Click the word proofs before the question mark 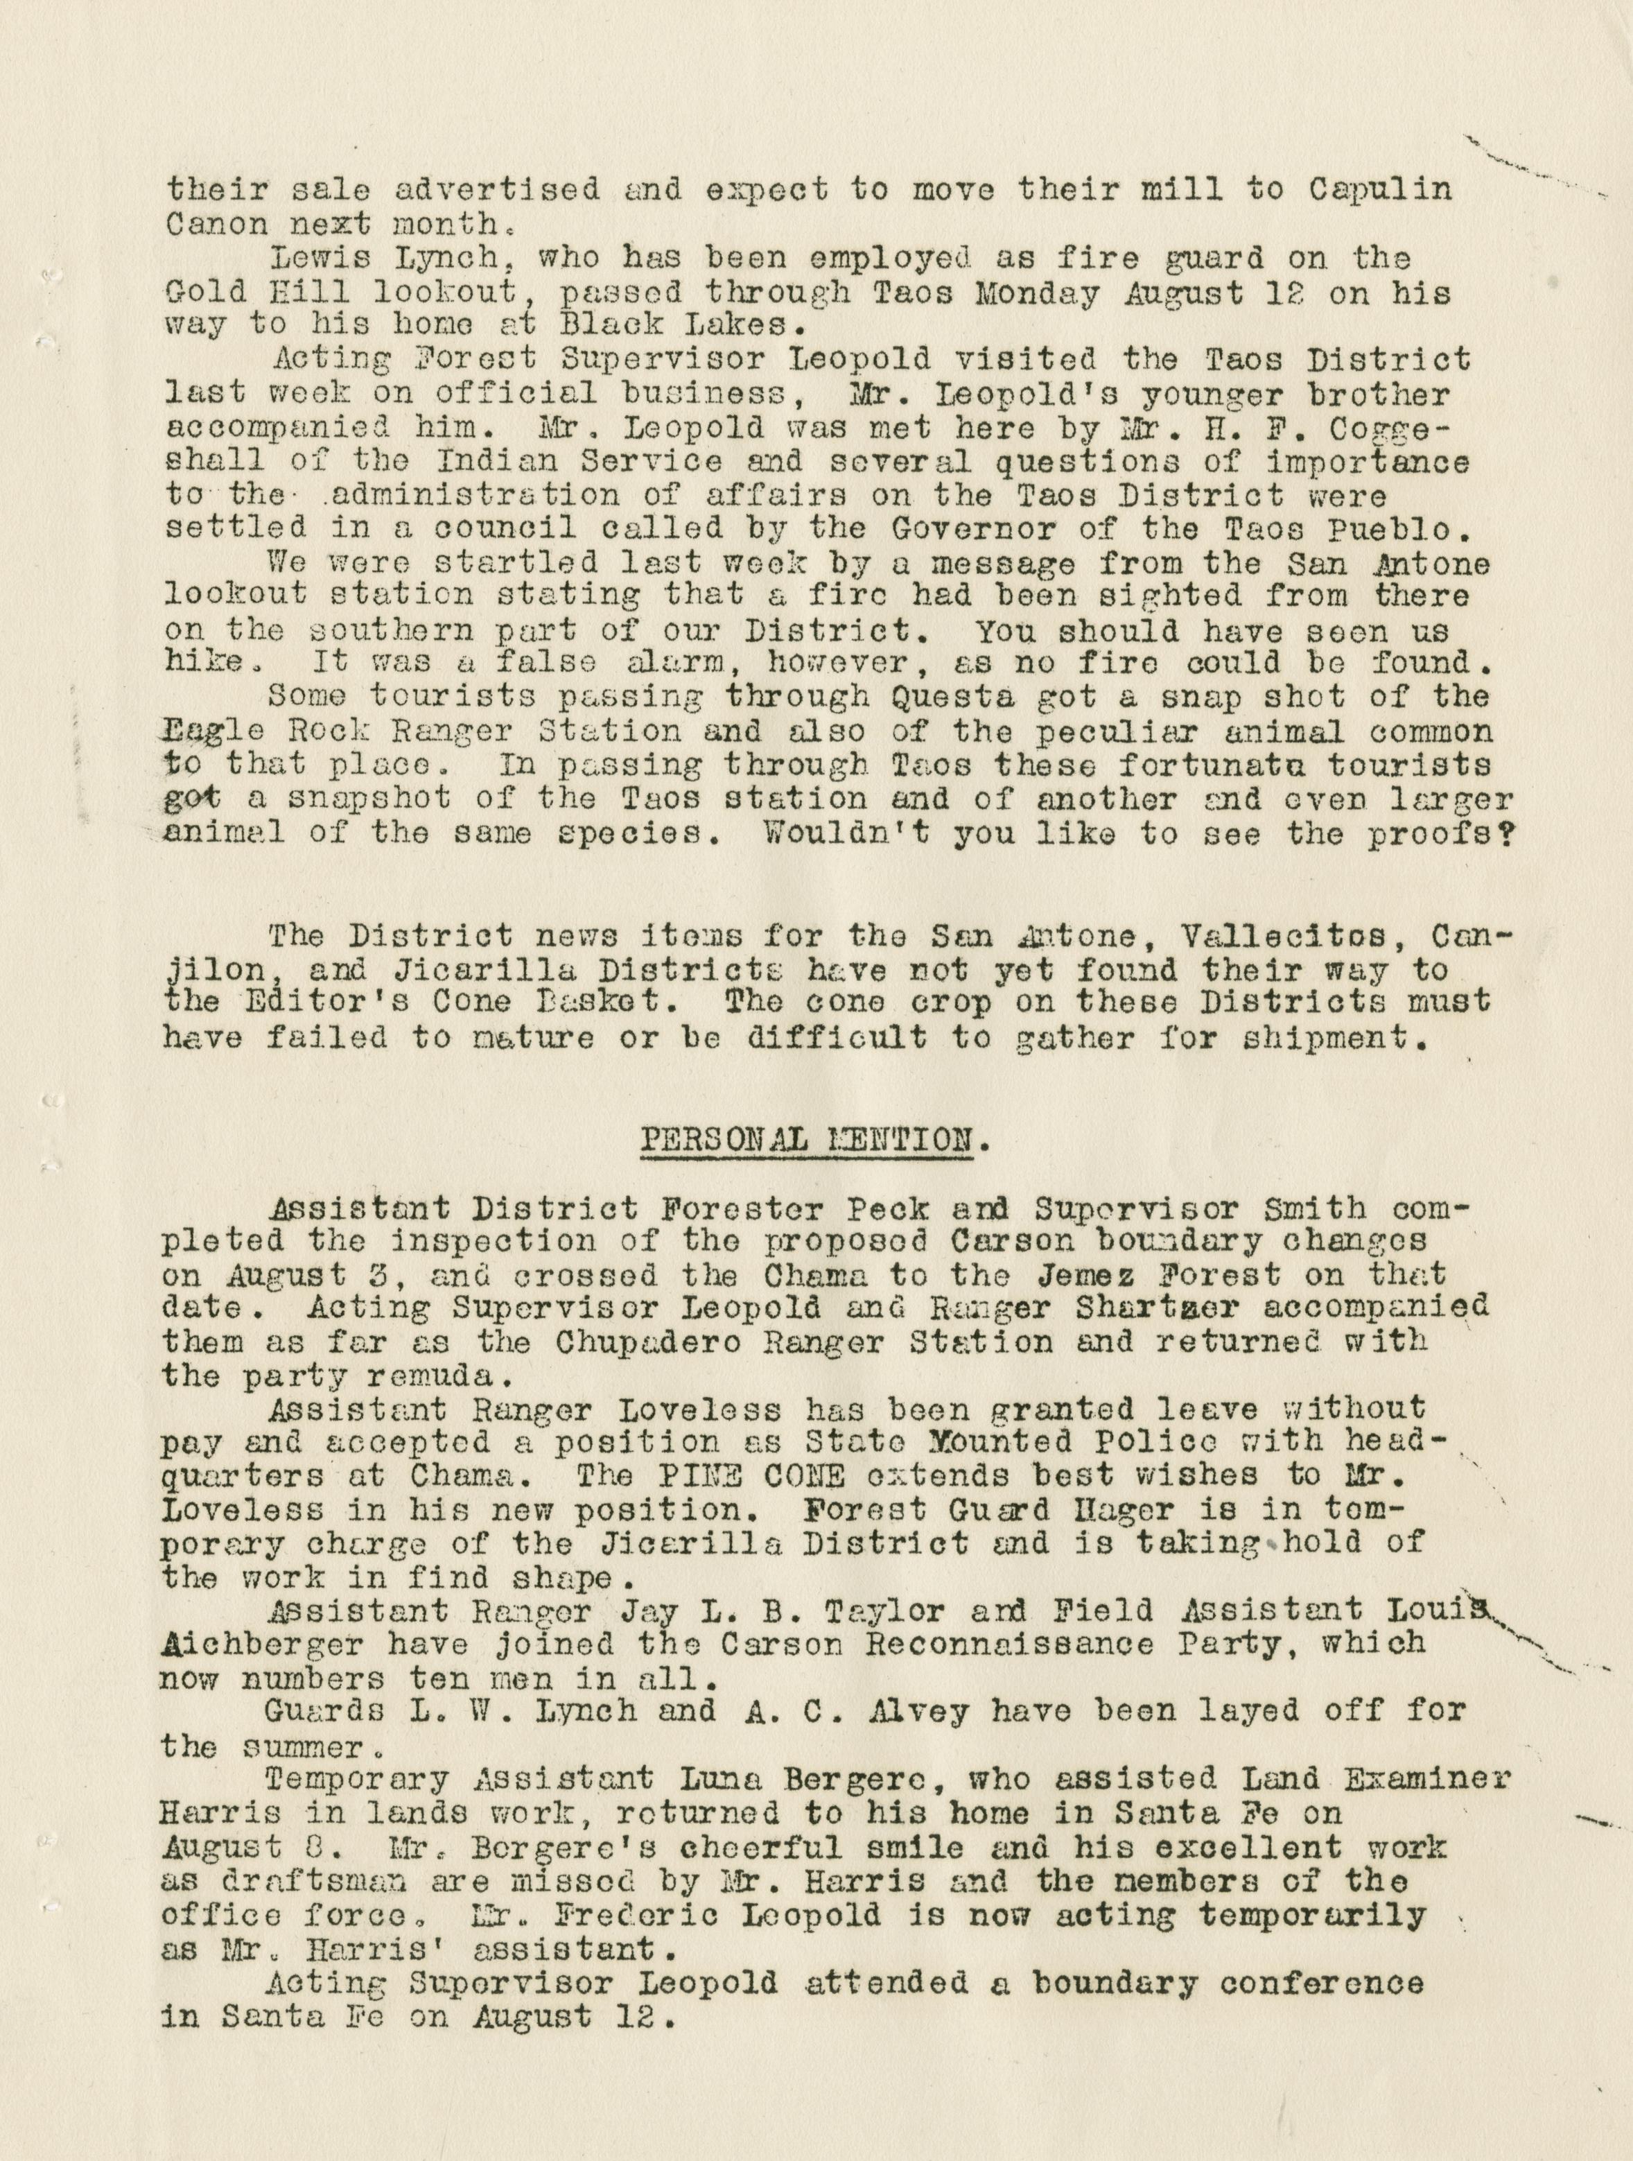1444,833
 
